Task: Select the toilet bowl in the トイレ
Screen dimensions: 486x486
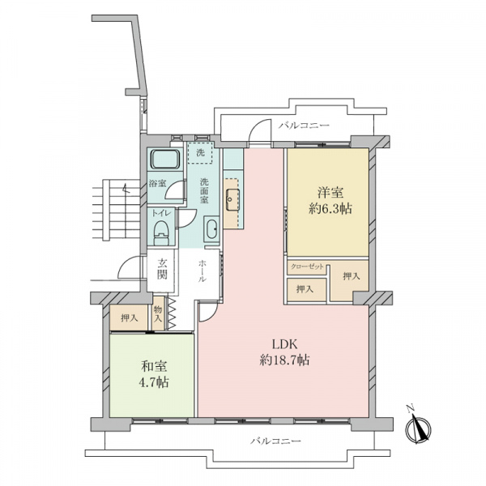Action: click(x=161, y=230)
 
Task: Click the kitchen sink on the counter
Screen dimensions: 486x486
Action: click(x=232, y=196)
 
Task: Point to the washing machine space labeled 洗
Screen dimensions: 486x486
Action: click(x=200, y=151)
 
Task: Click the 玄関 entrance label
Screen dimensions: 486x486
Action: click(x=162, y=267)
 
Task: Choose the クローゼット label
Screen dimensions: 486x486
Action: click(x=307, y=266)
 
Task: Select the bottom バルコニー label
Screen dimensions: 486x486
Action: click(x=275, y=441)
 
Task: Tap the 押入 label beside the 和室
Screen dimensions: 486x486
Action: click(x=129, y=318)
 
